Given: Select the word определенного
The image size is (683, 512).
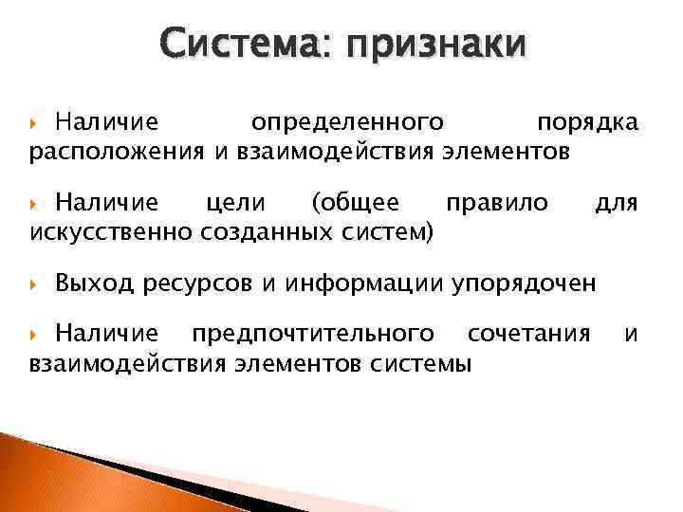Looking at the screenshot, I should [348, 123].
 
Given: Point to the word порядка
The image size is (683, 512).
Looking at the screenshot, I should [588, 123].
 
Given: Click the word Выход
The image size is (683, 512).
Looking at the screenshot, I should [95, 282].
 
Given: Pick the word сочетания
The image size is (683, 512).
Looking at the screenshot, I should [529, 334].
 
